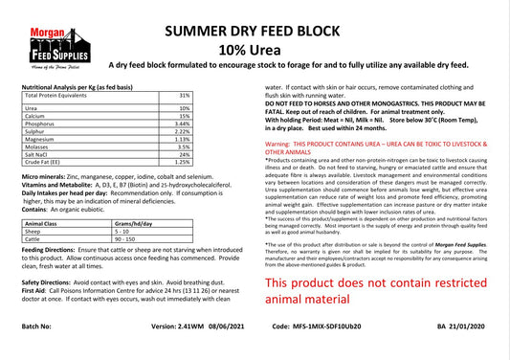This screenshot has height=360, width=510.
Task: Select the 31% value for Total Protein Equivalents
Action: (185, 96)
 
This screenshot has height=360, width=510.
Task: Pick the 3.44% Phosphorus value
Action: (183, 124)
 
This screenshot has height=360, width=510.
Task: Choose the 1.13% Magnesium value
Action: (183, 139)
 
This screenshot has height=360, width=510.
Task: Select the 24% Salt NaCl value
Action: (185, 154)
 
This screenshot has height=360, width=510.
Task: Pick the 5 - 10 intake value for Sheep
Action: (122, 231)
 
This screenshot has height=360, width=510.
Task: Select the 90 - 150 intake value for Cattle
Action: (124, 238)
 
